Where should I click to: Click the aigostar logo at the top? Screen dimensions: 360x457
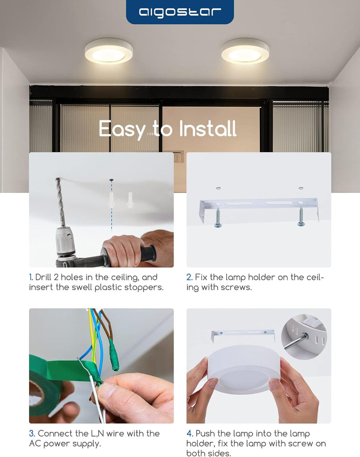(180, 12)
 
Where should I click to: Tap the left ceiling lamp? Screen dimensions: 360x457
(109, 51)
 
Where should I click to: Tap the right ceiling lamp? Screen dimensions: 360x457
(245, 51)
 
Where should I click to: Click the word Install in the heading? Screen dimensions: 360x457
(207, 129)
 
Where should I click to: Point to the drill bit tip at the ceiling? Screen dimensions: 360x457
(58, 179)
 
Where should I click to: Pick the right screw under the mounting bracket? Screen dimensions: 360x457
(301, 216)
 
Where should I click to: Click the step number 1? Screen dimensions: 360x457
(31, 277)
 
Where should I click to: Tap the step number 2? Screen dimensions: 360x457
(189, 277)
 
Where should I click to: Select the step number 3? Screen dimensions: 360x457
(32, 434)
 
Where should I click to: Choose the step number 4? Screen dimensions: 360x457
(190, 434)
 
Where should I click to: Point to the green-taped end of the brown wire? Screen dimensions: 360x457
(114, 355)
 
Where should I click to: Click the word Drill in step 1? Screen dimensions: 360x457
(43, 277)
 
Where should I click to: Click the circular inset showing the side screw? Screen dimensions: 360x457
(304, 337)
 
